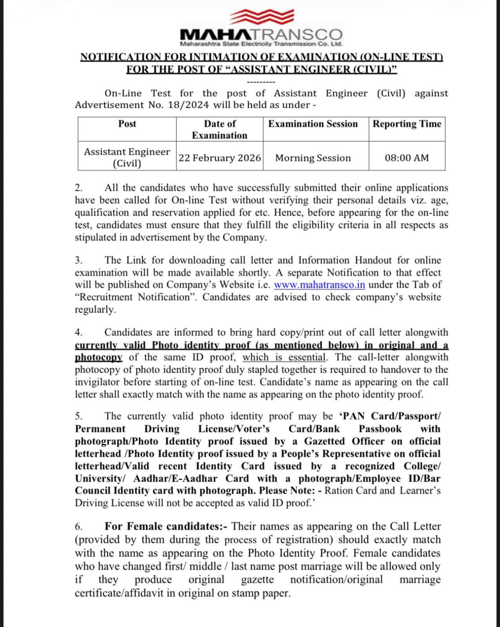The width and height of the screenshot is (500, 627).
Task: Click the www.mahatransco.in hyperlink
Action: click(x=319, y=285)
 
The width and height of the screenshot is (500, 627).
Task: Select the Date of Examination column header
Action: click(x=219, y=129)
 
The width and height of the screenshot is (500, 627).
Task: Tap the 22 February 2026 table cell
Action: click(x=219, y=158)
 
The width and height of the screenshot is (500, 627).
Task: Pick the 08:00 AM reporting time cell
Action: click(x=407, y=158)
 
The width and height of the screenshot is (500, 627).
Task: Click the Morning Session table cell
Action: click(x=313, y=158)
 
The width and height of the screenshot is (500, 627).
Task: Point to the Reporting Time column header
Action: click(x=407, y=124)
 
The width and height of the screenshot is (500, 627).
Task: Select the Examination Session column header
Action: click(x=313, y=124)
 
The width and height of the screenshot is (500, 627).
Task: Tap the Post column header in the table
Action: click(x=127, y=124)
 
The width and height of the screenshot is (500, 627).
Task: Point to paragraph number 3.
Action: click(x=78, y=261)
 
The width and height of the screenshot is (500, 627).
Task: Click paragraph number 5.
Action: click(x=78, y=416)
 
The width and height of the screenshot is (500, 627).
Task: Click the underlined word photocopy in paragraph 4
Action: click(x=99, y=357)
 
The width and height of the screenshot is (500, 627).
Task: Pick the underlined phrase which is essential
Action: click(x=284, y=357)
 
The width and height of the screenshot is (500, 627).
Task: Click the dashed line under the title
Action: click(x=261, y=82)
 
